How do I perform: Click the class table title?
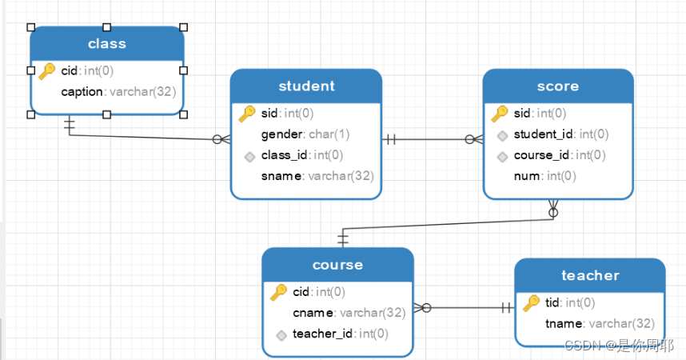point(107,43)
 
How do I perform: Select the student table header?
point(306,86)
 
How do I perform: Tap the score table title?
point(558,86)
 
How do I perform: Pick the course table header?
point(337,265)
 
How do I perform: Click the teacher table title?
point(590,276)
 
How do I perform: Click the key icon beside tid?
point(532,303)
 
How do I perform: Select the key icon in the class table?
point(47,71)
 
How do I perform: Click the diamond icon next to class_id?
point(249,156)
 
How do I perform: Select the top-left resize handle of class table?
point(30,27)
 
